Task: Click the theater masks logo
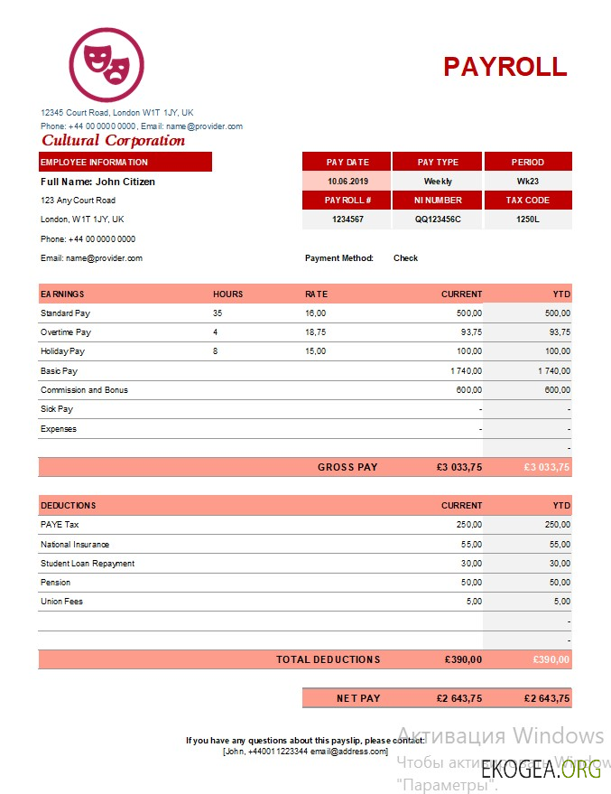pos(106,64)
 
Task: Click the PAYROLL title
pos(505,67)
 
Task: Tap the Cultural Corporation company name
pos(113,141)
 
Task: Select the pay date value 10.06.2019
pos(347,182)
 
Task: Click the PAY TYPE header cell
pos(438,163)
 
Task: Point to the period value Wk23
pos(527,182)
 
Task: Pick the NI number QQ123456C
pos(438,220)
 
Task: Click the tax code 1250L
pos(527,220)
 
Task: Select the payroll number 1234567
pos(347,220)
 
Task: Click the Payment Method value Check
pos(405,258)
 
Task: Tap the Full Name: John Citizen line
pos(97,182)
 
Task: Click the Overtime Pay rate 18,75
pos(315,332)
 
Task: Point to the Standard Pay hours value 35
pos(218,313)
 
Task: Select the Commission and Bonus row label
pos(84,390)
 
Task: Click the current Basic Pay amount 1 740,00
pos(466,371)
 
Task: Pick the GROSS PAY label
pos(347,468)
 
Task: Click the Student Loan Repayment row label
pos(88,564)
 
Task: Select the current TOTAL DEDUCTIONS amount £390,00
pos(463,660)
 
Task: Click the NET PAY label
pos(358,698)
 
